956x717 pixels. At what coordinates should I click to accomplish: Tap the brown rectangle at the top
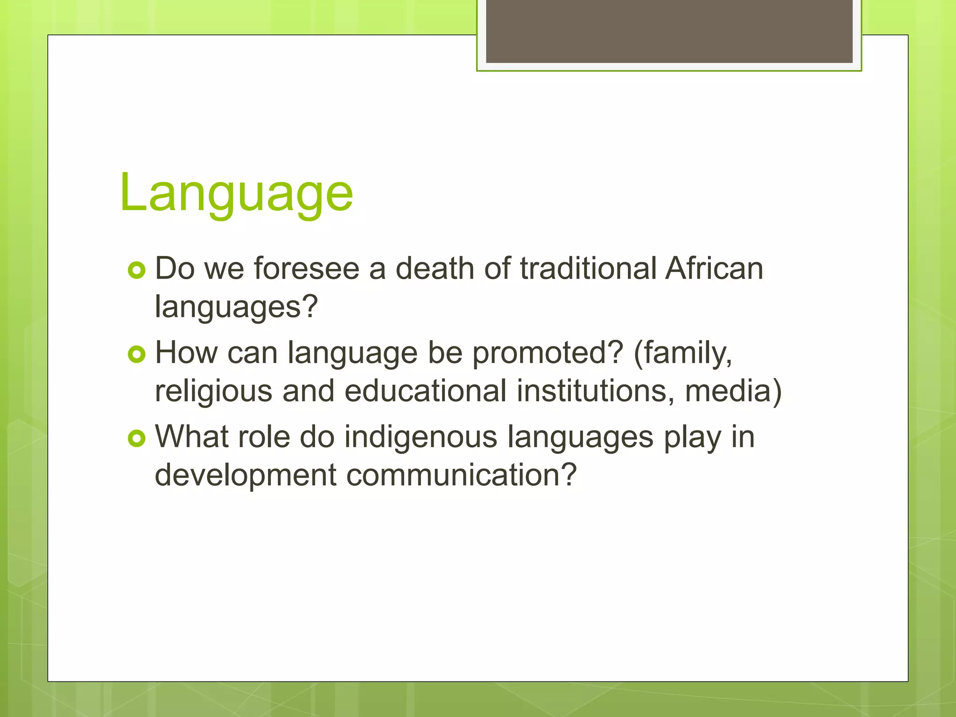(x=669, y=31)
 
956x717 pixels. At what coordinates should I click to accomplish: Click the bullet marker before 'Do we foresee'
(x=136, y=270)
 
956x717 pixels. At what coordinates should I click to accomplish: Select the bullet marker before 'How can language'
(x=136, y=354)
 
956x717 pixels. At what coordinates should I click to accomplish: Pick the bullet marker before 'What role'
(x=136, y=438)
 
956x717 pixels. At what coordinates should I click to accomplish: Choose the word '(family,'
(x=683, y=354)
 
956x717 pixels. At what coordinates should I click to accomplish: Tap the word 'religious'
(x=213, y=391)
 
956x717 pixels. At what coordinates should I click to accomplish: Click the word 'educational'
(x=425, y=391)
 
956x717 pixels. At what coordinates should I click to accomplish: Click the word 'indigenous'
(x=421, y=438)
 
